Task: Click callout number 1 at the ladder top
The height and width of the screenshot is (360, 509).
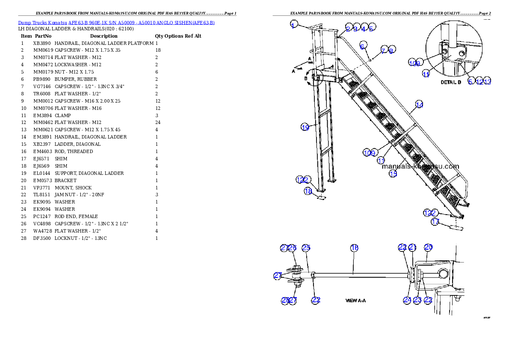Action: pyautogui.click(x=293, y=24)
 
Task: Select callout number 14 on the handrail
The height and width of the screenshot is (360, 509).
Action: pyautogui.click(x=419, y=104)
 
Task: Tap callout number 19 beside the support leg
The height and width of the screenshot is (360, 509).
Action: pyautogui.click(x=305, y=127)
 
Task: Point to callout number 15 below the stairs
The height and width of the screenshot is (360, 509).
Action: pyautogui.click(x=393, y=173)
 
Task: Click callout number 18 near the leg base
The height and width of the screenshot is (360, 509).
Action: pyautogui.click(x=308, y=191)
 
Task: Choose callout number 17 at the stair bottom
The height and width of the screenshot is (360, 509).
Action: pyautogui.click(x=435, y=222)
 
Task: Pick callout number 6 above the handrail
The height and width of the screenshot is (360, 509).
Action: pyautogui.click(x=363, y=46)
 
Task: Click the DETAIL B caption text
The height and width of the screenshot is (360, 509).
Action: pyautogui.click(x=450, y=83)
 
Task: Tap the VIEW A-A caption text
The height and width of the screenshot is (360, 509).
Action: pyautogui.click(x=355, y=301)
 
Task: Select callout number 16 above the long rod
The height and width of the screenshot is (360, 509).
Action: pyautogui.click(x=354, y=248)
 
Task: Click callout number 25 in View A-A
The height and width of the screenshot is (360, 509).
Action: pyautogui.click(x=306, y=248)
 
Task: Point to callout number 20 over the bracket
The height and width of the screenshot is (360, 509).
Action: pyautogui.click(x=428, y=247)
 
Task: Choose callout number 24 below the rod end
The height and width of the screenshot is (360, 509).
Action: pyautogui.click(x=407, y=300)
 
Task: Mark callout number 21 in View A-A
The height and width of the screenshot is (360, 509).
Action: pyautogui.click(x=412, y=247)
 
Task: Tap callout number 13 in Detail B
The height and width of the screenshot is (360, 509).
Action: pyautogui.click(x=487, y=82)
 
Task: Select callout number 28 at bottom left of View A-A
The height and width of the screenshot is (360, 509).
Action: pyautogui.click(x=285, y=300)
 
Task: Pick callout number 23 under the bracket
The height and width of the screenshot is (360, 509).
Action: pyautogui.click(x=418, y=300)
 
